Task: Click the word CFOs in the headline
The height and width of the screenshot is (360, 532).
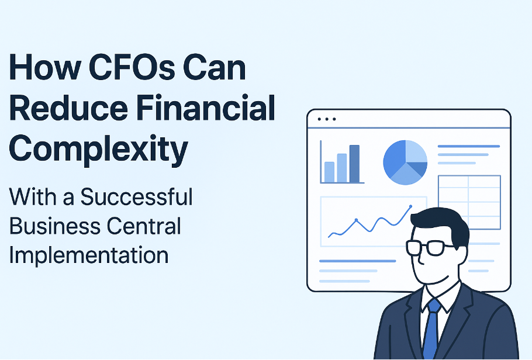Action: coord(132,68)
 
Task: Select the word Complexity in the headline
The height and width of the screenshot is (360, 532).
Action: coord(98,149)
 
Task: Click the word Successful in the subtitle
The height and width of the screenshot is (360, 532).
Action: coord(136,196)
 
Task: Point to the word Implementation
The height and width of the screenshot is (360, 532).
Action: coord(88,255)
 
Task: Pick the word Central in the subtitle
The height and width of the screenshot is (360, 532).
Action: coord(144,226)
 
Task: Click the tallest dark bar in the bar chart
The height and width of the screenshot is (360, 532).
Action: coord(354,164)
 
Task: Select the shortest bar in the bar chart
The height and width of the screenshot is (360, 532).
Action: coord(329,172)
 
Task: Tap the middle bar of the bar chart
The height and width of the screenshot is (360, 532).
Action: coord(341,168)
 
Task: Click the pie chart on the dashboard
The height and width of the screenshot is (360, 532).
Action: coord(405,162)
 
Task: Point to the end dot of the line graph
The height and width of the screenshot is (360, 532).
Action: coord(410,206)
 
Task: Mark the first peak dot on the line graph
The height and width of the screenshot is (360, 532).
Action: coord(356,220)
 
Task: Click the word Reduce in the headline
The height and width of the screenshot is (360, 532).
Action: coord(69,108)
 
